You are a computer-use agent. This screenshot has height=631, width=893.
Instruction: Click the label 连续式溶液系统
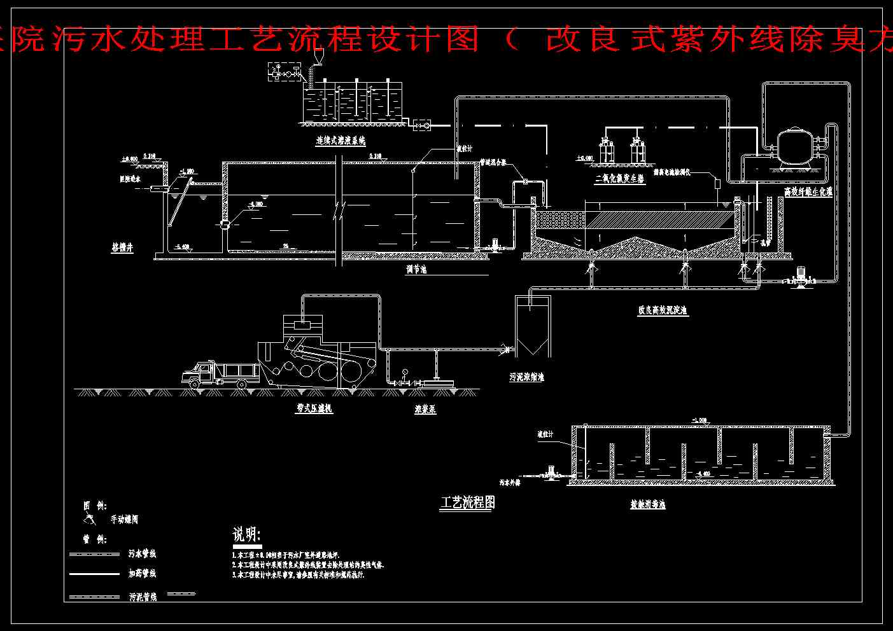[x=341, y=141]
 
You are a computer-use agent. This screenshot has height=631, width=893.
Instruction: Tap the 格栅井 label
[x=123, y=248]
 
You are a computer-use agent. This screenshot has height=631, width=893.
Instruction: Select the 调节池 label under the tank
[x=416, y=270]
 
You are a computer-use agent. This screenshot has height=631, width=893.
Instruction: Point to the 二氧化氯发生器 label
[x=619, y=179]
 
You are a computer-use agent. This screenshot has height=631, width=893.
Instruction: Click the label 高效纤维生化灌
[x=808, y=191]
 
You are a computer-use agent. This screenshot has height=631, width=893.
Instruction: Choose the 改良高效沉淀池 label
[x=663, y=311]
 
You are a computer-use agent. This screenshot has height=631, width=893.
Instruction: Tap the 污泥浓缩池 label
[x=526, y=377]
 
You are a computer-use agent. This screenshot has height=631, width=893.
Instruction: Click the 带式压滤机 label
[x=314, y=409]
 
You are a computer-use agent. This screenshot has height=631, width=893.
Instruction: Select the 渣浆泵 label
[x=425, y=410]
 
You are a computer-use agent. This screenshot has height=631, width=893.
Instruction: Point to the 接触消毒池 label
[x=648, y=505]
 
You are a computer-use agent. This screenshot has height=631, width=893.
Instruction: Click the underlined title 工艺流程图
[x=468, y=503]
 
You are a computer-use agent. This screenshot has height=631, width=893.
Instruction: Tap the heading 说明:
[x=247, y=534]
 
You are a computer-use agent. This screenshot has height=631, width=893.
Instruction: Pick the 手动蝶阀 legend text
[x=123, y=520]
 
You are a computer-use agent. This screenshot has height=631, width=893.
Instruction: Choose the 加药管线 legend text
[x=142, y=574]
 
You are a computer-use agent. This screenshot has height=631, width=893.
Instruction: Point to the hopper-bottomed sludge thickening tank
[x=532, y=328]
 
